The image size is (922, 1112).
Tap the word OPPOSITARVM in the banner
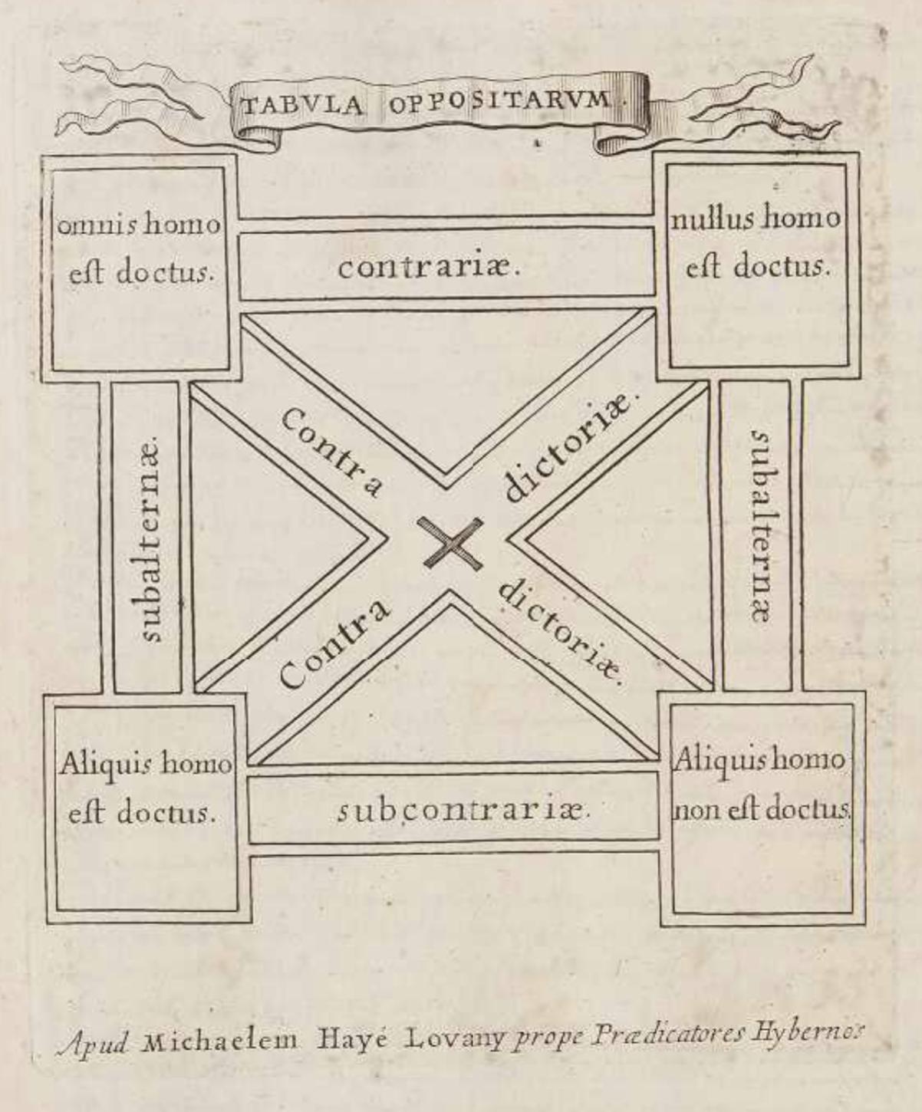click(499, 101)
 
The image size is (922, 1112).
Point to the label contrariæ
click(430, 268)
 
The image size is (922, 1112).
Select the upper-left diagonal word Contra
click(330, 453)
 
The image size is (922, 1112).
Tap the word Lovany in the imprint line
click(454, 1039)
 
